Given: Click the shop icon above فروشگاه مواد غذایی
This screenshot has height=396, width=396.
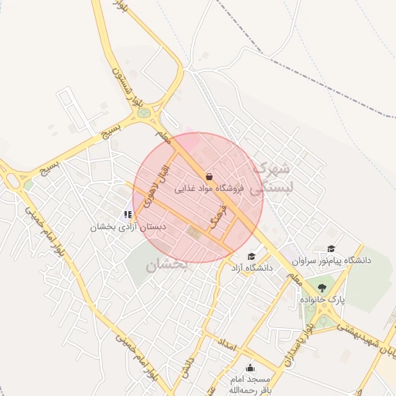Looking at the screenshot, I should (x=209, y=176).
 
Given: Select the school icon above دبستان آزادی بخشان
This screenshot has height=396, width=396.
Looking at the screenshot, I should (x=128, y=214).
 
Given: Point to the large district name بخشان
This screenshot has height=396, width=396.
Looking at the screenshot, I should (x=166, y=265).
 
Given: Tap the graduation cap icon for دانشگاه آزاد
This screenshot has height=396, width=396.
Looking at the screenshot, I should (x=251, y=256).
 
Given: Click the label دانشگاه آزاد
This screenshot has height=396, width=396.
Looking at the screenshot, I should (x=251, y=268).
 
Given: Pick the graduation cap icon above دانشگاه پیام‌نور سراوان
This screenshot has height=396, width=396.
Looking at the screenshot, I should (x=331, y=248).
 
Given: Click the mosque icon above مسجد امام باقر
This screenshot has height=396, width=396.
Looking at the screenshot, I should (x=249, y=368).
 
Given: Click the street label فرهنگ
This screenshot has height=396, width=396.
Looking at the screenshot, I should (x=218, y=220).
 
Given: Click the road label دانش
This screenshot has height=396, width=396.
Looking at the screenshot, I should (x=183, y=365).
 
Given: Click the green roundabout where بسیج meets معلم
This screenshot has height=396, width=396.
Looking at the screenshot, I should (x=143, y=114).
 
